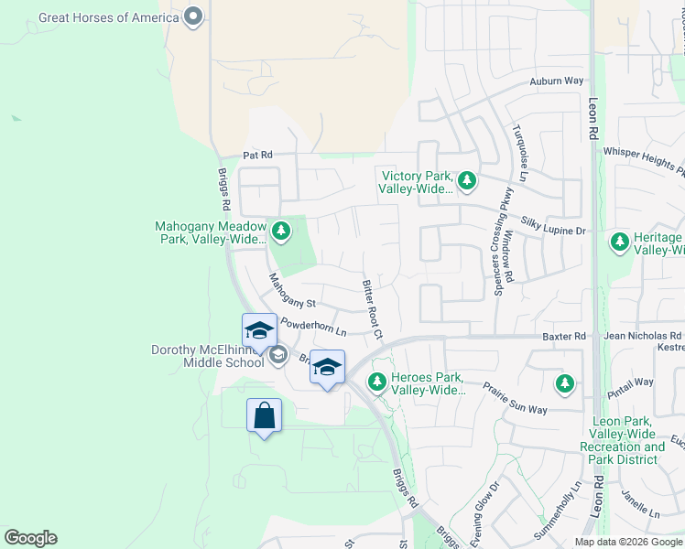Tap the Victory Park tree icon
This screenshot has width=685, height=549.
[467, 180]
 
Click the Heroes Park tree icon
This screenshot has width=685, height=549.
[375, 381]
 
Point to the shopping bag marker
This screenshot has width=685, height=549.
[264, 416]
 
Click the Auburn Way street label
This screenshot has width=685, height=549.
[556, 81]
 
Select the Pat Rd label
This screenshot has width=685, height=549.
[258, 156]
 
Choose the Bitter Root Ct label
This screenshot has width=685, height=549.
[372, 307]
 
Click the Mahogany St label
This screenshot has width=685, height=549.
[291, 291]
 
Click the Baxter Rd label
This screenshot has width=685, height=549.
[563, 337]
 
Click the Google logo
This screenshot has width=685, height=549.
[30, 538]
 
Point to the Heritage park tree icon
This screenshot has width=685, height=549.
[620, 241]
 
